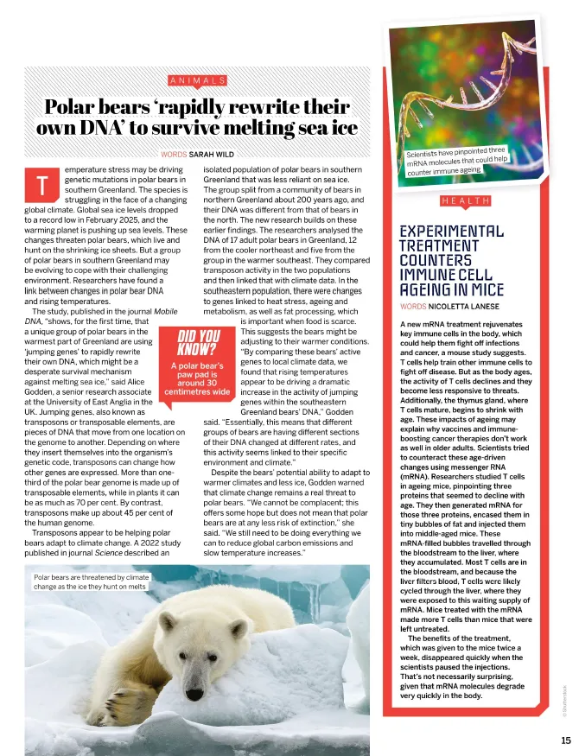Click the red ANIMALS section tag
tap(197, 80)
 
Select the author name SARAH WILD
tap(212, 155)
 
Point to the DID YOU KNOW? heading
tap(198, 341)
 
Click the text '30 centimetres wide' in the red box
tap(198, 386)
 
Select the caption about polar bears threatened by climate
tap(91, 581)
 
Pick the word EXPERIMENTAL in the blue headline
tap(450, 232)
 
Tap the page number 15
tap(565, 740)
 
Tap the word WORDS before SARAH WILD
tap(174, 155)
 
